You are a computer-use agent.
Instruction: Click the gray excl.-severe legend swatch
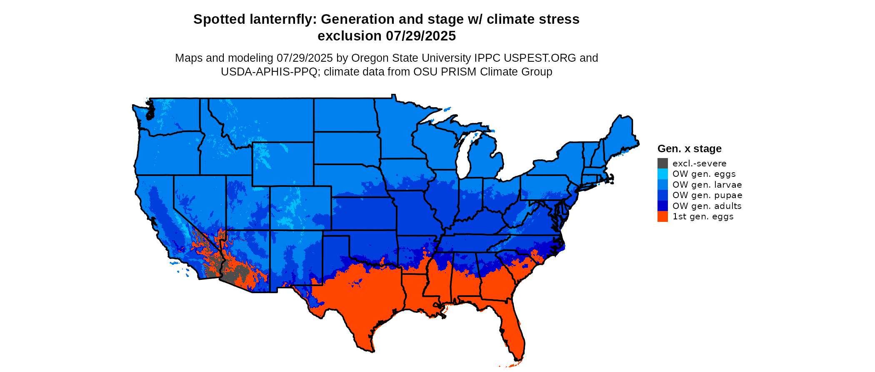pyautogui.click(x=662, y=163)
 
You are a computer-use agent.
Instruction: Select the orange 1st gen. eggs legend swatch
pyautogui.click(x=662, y=216)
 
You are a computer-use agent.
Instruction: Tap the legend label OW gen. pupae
pyautogui.click(x=707, y=195)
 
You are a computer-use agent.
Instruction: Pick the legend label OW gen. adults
pyautogui.click(x=707, y=206)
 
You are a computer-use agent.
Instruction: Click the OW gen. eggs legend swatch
pyautogui.click(x=662, y=174)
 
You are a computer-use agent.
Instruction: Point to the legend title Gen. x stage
pyautogui.click(x=689, y=148)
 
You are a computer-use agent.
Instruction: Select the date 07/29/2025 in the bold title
pyautogui.click(x=421, y=36)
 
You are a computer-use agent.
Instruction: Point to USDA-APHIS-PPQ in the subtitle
pyautogui.click(x=269, y=72)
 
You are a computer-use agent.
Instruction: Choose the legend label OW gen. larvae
pyautogui.click(x=707, y=185)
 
